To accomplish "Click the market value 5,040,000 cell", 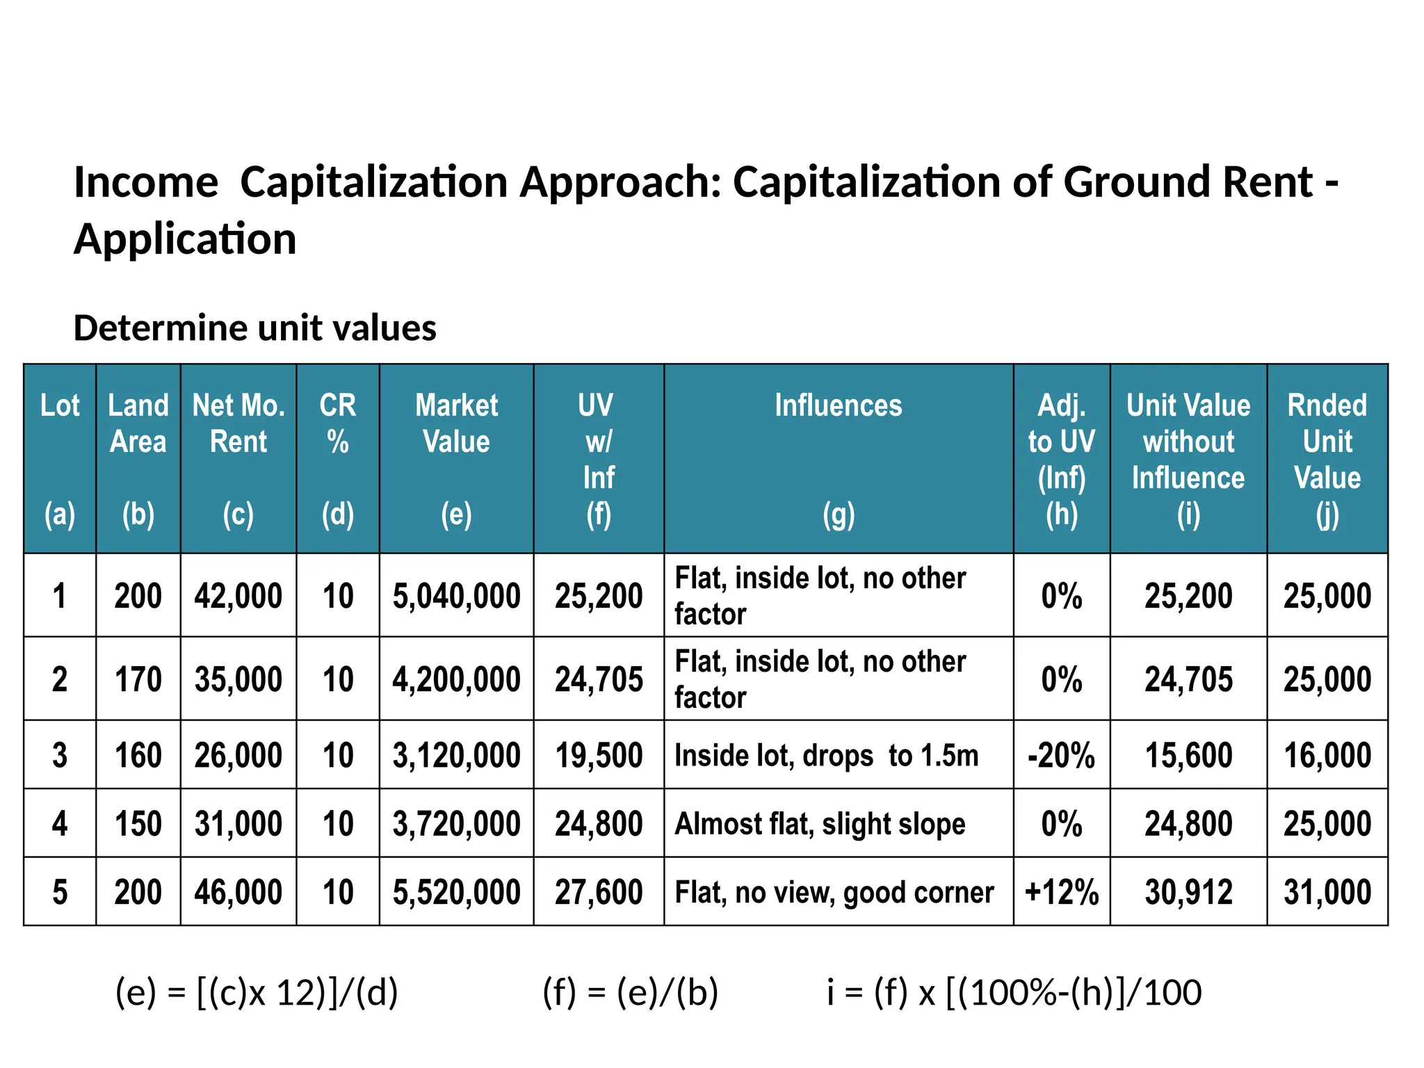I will point(456,596).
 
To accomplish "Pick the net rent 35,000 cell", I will point(238,679).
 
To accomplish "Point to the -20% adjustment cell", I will point(1061,755).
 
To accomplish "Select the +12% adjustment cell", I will point(1061,892).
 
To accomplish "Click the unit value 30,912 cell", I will point(1188,892).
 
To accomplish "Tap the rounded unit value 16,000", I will point(1327,755).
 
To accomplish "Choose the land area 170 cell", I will point(138,679).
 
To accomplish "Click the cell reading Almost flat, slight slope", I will point(820,824).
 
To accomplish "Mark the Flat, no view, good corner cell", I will point(834,892).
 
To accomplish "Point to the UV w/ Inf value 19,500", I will point(599,755).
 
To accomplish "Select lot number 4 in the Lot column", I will point(60,824).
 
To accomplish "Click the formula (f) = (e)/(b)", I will point(629,992).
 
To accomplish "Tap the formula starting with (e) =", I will point(257,992).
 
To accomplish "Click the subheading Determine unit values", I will point(254,328).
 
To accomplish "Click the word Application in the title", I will point(185,239).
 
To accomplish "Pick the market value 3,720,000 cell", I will point(456,824).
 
